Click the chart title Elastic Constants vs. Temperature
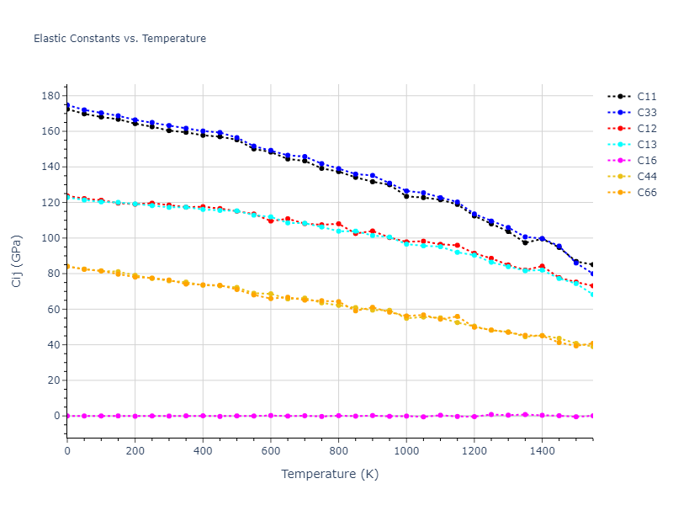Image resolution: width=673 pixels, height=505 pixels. (x=119, y=39)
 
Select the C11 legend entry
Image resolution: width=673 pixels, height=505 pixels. (x=646, y=97)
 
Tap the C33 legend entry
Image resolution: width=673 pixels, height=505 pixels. (x=646, y=113)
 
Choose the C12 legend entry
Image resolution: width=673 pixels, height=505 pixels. (x=646, y=129)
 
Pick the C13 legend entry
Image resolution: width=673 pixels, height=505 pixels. (x=646, y=145)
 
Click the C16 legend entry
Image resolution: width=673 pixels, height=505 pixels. (x=646, y=161)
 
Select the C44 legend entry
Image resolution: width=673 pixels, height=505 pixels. (x=646, y=177)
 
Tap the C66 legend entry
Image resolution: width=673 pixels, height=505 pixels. (x=646, y=193)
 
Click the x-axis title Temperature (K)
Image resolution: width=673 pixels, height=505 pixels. (x=330, y=474)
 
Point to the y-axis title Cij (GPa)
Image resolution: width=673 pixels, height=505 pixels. (x=17, y=261)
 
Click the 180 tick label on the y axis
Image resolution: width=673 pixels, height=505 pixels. (x=50, y=96)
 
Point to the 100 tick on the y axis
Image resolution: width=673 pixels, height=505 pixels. (x=50, y=238)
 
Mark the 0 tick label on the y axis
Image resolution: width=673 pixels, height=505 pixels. (x=56, y=416)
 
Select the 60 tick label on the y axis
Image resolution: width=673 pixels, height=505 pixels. (x=53, y=309)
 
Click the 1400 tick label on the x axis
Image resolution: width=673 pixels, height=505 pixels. (x=542, y=451)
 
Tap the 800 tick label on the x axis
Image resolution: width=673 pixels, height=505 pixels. (x=338, y=451)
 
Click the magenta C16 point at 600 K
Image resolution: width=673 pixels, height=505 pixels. (x=271, y=415)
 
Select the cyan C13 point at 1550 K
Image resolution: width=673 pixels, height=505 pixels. (x=592, y=294)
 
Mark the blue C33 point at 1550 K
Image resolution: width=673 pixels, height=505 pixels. (x=592, y=274)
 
